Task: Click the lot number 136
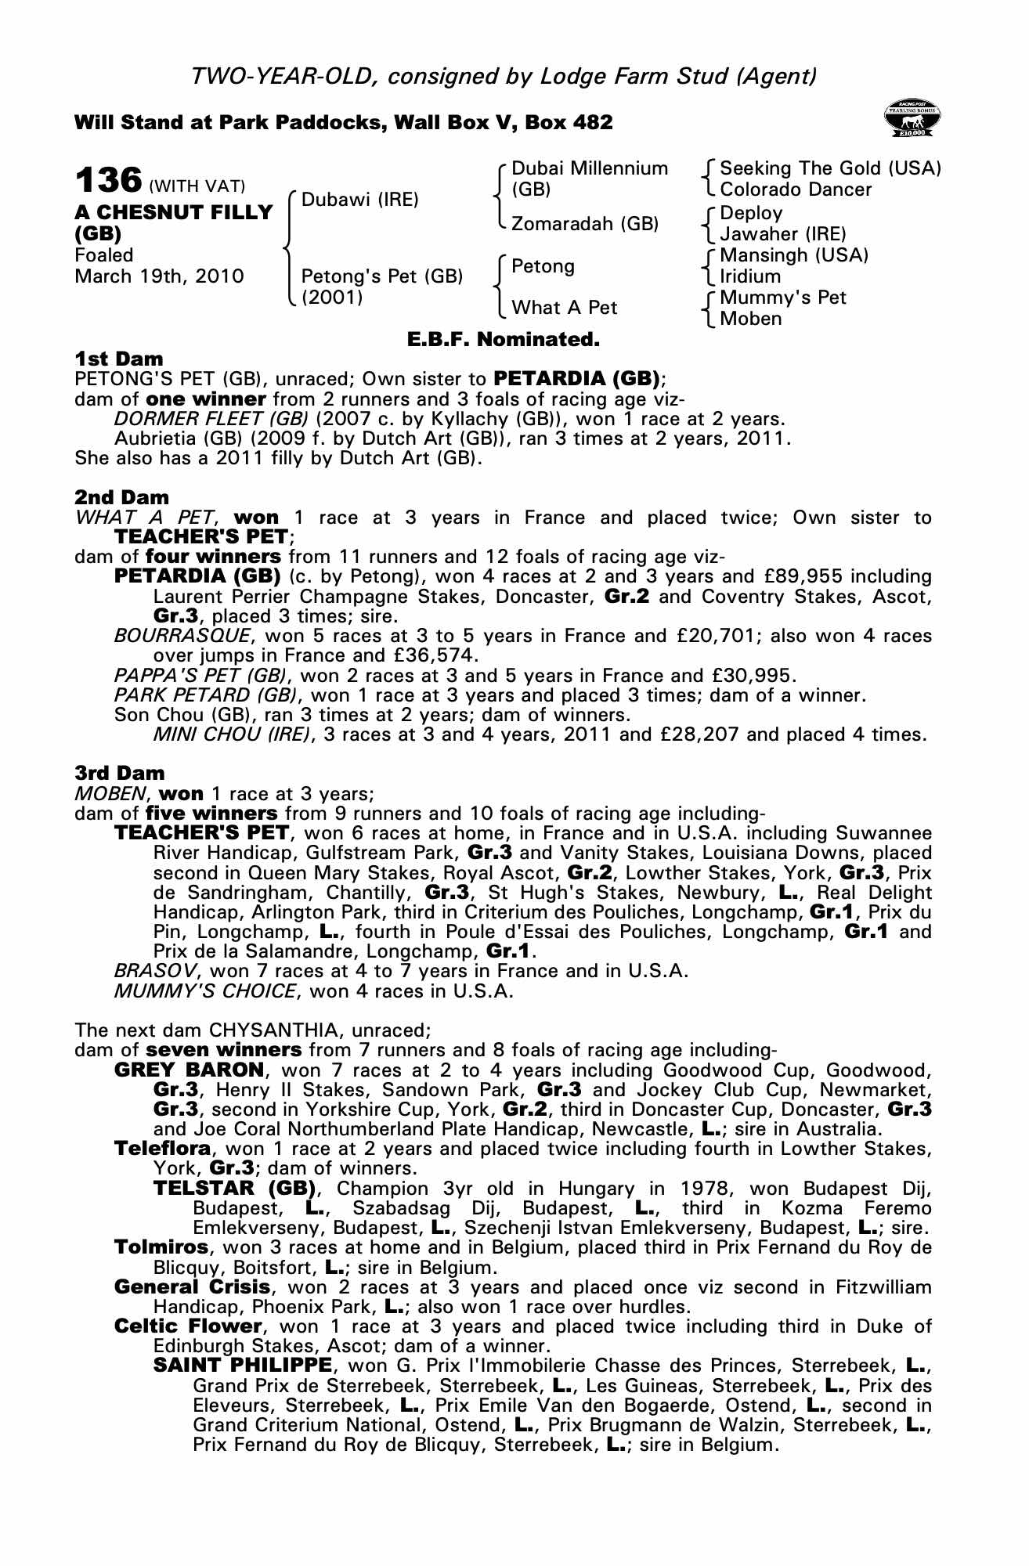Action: [108, 180]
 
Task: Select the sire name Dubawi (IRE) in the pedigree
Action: [360, 199]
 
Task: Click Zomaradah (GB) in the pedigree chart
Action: [584, 224]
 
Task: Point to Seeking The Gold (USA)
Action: [830, 168]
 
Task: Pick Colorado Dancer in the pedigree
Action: [796, 189]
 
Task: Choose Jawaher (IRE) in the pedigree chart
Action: [783, 233]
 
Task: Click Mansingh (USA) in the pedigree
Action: [794, 255]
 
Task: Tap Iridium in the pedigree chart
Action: [750, 276]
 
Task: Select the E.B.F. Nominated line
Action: [503, 340]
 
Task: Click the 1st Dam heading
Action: [119, 359]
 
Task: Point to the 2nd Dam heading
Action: [121, 497]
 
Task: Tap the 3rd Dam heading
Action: [120, 774]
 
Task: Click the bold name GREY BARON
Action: [189, 1070]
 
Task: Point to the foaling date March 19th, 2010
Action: [159, 276]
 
